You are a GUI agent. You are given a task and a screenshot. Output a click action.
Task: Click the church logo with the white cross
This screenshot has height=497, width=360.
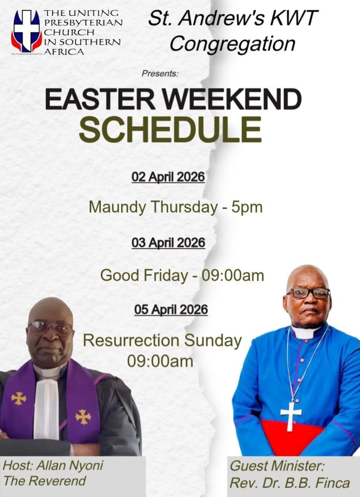coord(27,31)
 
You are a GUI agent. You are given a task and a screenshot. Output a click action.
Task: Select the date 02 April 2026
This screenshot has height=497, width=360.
coord(168,177)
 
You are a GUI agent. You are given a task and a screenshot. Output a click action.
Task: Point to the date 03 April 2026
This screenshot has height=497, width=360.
coord(168,243)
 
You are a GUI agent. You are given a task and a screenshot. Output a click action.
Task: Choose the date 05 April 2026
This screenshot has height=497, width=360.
coord(171,309)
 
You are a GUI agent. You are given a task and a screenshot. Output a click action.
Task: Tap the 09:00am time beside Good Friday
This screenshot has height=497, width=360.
coord(233,275)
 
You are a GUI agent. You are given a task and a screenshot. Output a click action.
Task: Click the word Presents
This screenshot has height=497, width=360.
coord(160,73)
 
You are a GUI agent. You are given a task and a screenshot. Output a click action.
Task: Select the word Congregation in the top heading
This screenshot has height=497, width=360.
coord(232,44)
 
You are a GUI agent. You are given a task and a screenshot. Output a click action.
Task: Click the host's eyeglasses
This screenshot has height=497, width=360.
coord(49,327)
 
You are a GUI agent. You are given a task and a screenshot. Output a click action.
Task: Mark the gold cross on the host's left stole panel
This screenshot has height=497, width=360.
coord(18,398)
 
